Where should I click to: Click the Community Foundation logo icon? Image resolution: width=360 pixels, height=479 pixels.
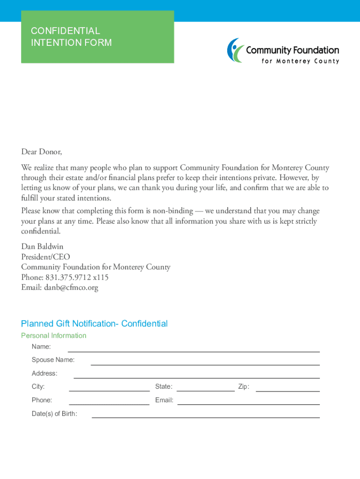pos(236,50)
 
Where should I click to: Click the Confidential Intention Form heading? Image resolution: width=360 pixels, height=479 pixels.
pos(71,37)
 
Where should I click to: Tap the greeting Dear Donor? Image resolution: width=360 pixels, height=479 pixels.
pos(41,152)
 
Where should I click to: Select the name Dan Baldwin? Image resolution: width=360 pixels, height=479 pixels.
pos(42,247)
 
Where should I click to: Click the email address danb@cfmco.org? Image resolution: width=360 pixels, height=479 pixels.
pos(71,288)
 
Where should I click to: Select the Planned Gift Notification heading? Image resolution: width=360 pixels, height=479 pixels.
pos(94,324)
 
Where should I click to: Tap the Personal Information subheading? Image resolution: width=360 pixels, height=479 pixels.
pos(54,335)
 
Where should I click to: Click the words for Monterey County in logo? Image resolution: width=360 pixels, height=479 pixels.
pos(300,61)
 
